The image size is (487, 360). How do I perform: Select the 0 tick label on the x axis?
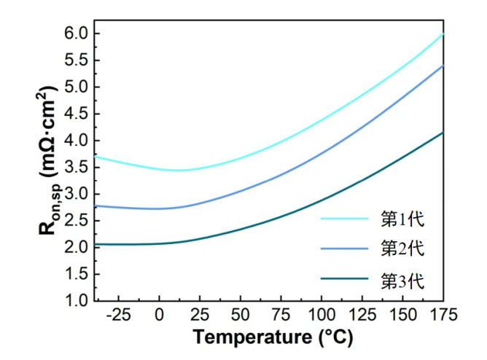pyautogui.click(x=159, y=315)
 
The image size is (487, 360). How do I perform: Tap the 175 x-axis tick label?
pyautogui.click(x=443, y=315)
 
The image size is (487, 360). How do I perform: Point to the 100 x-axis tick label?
pyautogui.click(x=322, y=315)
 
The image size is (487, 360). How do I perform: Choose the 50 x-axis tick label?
pyautogui.click(x=240, y=315)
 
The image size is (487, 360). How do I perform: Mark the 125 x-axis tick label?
pyautogui.click(x=362, y=315)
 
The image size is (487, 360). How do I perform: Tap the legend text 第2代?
pyautogui.click(x=402, y=248)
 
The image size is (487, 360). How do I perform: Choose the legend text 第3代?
pyautogui.click(x=402, y=279)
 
